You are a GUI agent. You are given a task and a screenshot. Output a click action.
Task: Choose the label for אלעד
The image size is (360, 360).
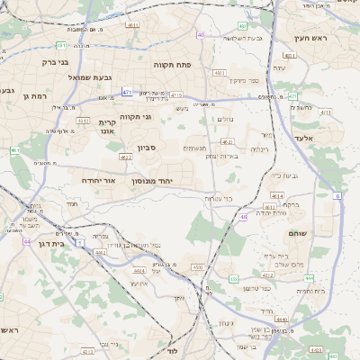304,138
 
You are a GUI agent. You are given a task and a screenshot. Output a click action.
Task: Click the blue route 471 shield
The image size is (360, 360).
127,92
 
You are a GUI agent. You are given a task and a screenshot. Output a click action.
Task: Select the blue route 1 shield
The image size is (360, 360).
79,244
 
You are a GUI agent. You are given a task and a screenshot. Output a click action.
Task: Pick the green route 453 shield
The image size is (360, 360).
234,279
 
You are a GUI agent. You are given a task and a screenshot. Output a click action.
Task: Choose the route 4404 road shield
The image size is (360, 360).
139,270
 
